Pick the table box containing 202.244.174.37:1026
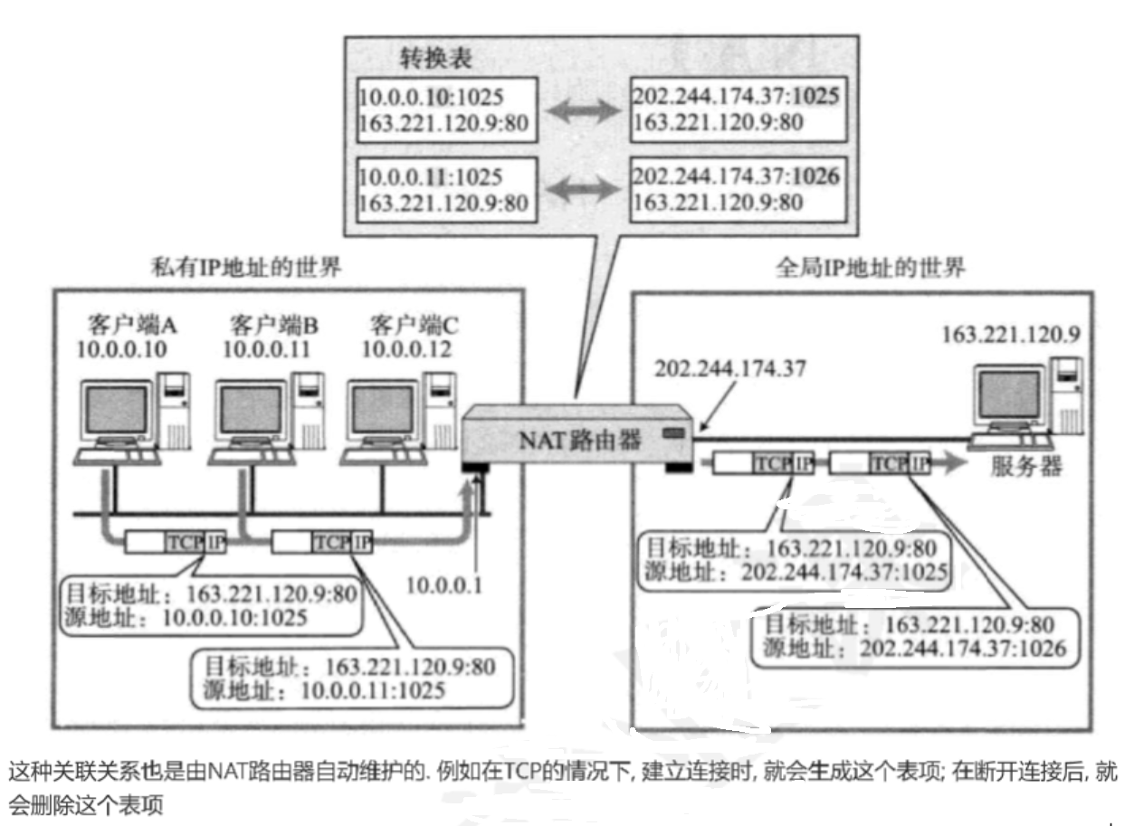736,188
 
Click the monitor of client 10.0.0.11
251,409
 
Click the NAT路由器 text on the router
580,440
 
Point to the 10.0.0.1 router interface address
444,584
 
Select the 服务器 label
1026,468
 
